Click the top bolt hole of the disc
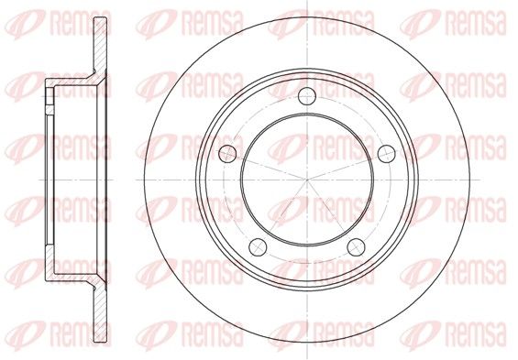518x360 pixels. click(307, 96)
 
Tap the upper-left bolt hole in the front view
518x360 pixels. click(227, 154)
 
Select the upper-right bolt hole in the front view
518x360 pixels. click(387, 154)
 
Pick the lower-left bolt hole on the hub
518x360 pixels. click(258, 246)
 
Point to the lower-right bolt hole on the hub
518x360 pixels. click(356, 246)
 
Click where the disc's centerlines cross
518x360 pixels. click(307, 180)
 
